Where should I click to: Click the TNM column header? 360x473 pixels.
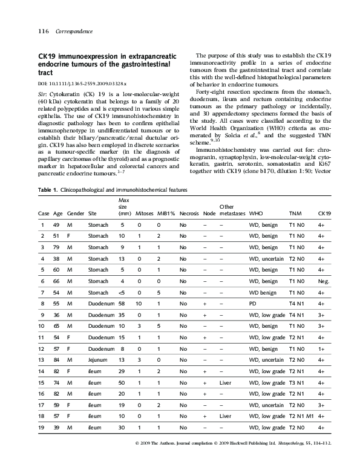[296, 214]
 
